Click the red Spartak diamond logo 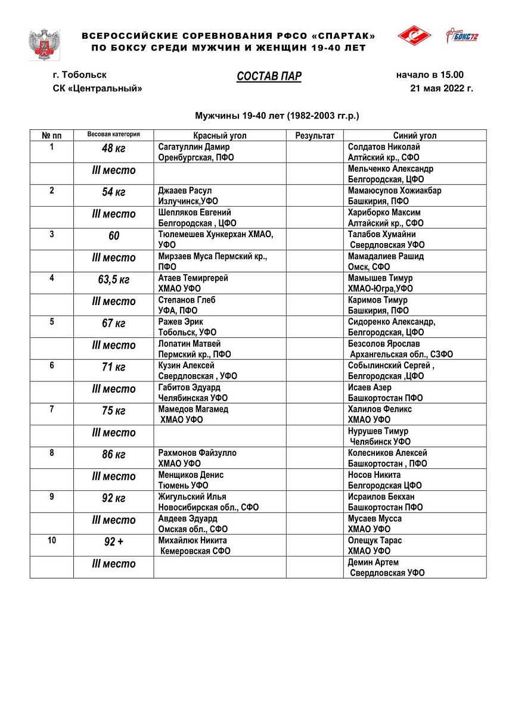coord(414,36)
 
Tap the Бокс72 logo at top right coord(462,36)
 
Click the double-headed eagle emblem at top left coord(44,43)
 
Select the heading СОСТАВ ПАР coord(269,76)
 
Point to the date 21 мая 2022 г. coord(441,89)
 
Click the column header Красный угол coord(219,135)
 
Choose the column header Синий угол coord(414,135)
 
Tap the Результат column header coord(315,135)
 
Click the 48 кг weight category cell coord(113,149)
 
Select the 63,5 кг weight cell coord(113,280)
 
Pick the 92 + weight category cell coord(113,542)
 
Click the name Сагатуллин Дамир coord(194,147)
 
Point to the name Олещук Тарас coord(375,540)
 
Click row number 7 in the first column coord(51,409)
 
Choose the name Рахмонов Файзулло coord(197,453)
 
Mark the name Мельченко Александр coord(390,169)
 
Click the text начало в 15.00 coord(430,75)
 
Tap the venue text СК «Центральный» coord(98,89)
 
